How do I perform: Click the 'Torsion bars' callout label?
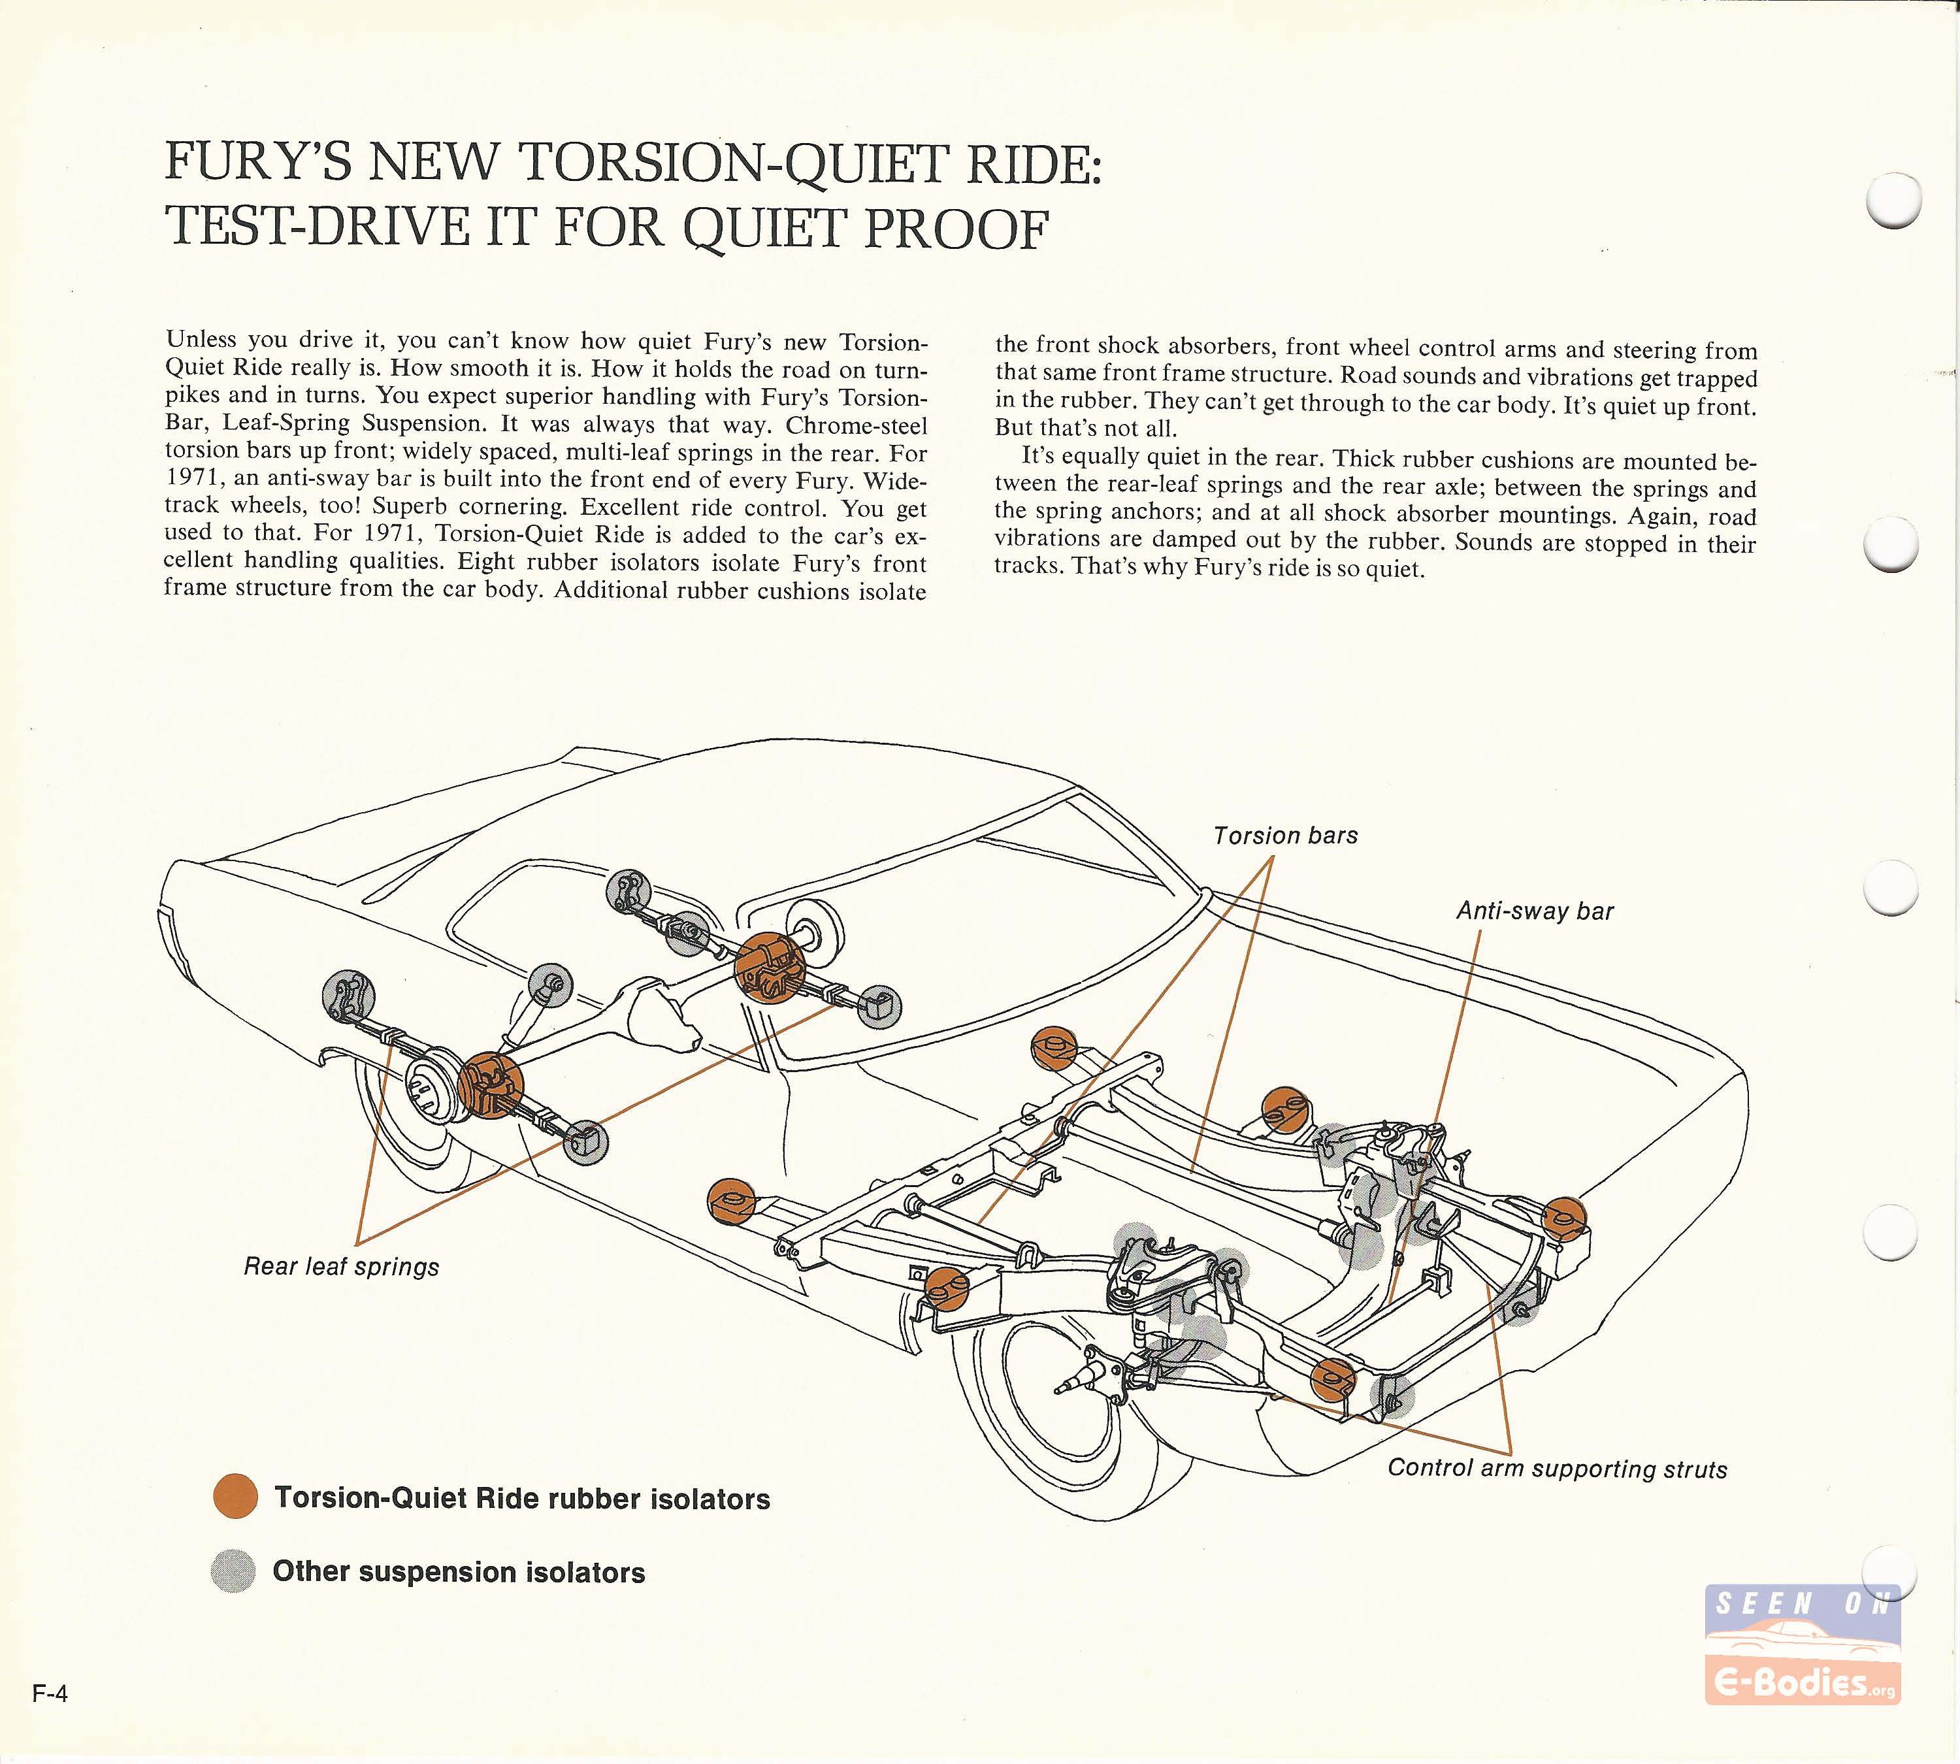coord(1284,836)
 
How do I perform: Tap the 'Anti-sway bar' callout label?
coord(1535,911)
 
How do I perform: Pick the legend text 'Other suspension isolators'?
coord(459,1572)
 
